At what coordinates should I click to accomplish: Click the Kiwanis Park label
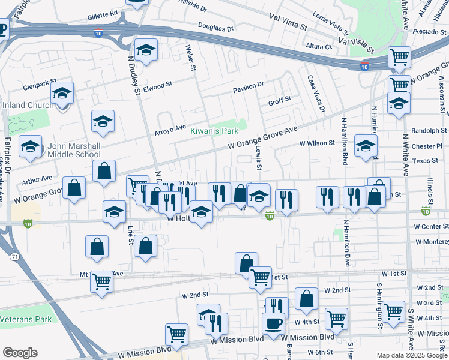click(214, 131)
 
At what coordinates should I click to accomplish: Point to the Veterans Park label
click(26, 319)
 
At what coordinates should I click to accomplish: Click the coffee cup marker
click(273, 323)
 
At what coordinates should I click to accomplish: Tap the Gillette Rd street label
click(102, 13)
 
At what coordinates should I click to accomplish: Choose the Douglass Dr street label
click(215, 28)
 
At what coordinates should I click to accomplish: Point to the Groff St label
click(279, 100)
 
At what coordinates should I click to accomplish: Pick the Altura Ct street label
click(318, 46)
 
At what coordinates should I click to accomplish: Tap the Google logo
click(20, 353)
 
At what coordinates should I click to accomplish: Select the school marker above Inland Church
click(62, 93)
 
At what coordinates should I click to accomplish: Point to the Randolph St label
click(429, 131)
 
